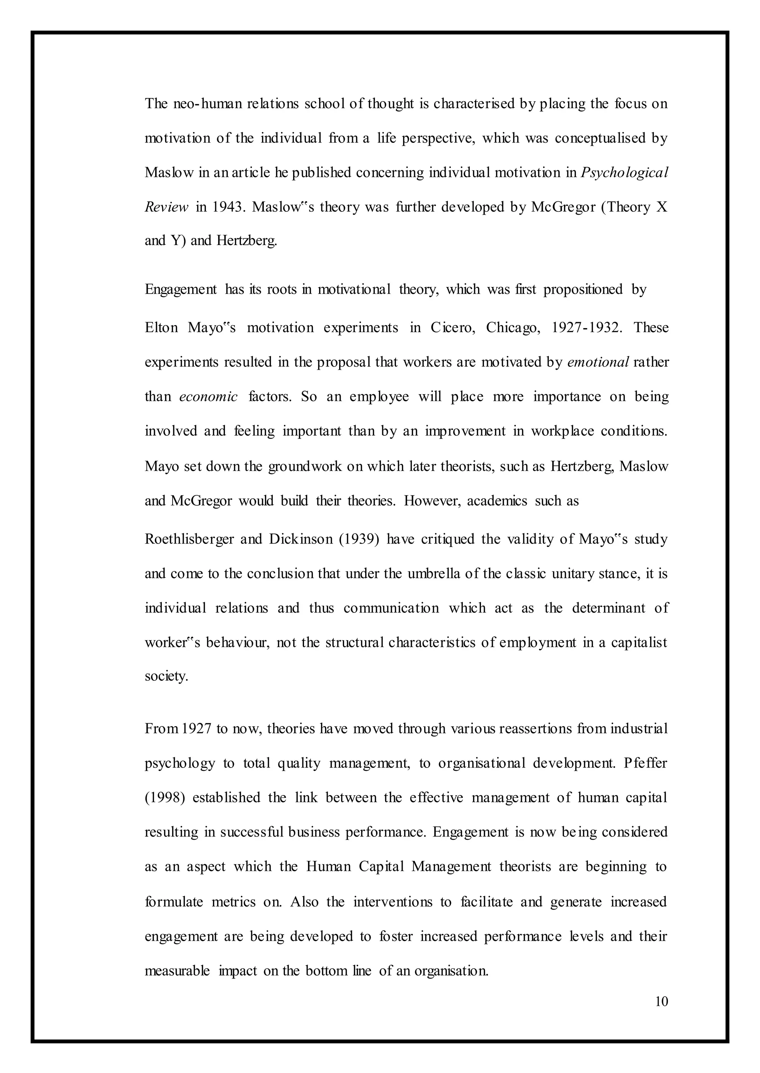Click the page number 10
pyautogui.click(x=662, y=1001)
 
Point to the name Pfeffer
pyautogui.click(x=645, y=763)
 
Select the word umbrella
pyautogui.click(x=434, y=574)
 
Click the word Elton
pyautogui.click(x=161, y=327)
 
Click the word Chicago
pyautogui.click(x=513, y=327)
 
